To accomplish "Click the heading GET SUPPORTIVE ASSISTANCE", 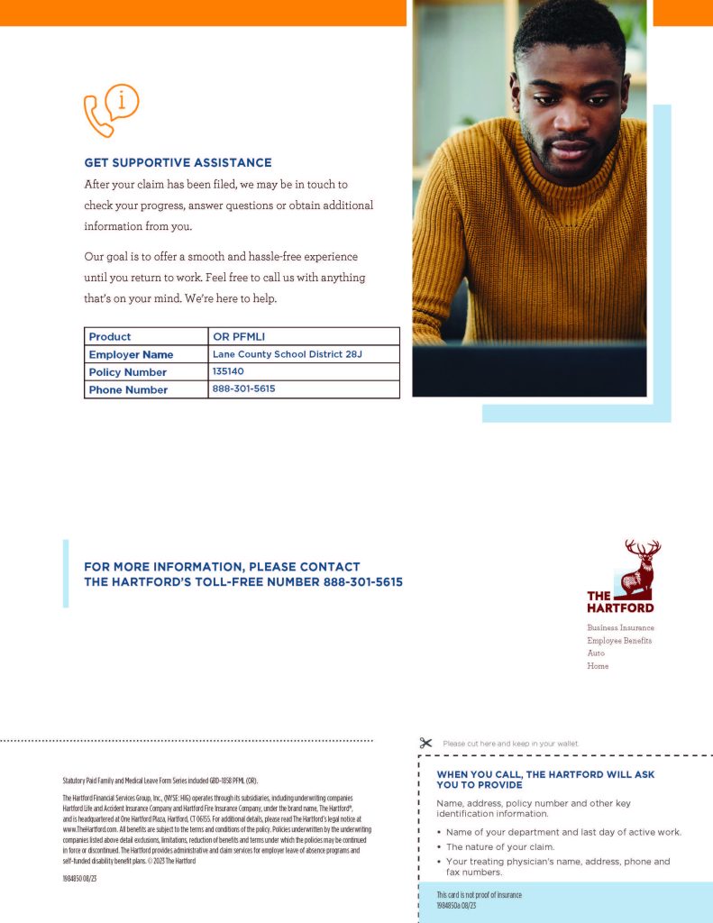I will tap(178, 163).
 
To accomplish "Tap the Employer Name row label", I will tap(131, 354).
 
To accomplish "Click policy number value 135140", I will tap(228, 371).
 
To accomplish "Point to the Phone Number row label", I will tap(128, 389).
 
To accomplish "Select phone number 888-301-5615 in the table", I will tap(243, 389).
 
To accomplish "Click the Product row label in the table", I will tap(110, 337).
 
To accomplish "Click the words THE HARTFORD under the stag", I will tap(619, 602).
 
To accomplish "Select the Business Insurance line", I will tap(620, 627).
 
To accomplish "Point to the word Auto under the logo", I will tap(596, 653).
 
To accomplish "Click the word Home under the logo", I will tap(598, 666).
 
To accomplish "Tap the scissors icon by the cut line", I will tap(426, 743).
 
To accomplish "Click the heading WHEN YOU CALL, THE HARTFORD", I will tap(545, 780).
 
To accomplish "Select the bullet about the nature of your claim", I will tap(512, 847).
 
